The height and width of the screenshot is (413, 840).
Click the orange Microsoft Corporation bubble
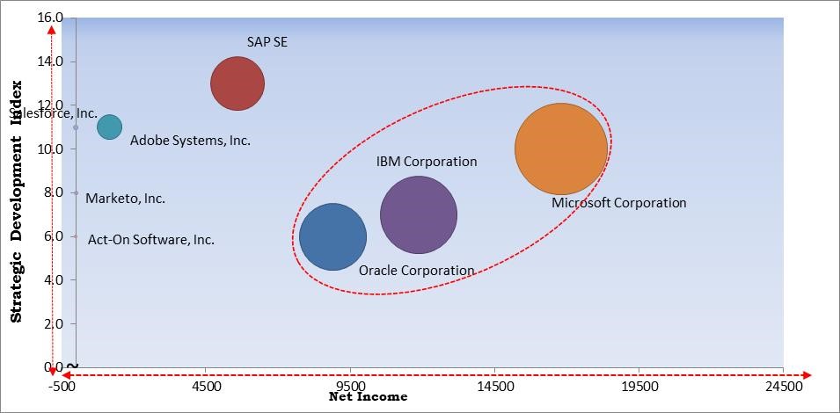[560, 149]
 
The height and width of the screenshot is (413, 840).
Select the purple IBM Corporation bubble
[419, 214]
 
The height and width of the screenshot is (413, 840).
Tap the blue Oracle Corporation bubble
[332, 236]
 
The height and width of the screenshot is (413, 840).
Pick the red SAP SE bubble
[237, 84]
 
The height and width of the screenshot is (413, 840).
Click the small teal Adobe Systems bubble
[109, 127]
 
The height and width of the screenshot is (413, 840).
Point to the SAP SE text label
[267, 41]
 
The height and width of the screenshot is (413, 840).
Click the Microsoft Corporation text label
[618, 203]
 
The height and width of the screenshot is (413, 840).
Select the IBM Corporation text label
[427, 162]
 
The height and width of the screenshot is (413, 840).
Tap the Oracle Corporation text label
[416, 271]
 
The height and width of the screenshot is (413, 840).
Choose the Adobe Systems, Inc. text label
[190, 141]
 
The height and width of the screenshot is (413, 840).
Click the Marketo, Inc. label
[125, 199]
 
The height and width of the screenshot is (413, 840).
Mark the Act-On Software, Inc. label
[150, 239]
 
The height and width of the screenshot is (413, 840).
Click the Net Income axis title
[368, 397]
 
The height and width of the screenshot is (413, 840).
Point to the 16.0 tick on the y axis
[51, 18]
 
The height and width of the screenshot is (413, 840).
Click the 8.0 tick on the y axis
[51, 192]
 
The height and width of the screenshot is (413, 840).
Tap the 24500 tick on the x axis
[783, 385]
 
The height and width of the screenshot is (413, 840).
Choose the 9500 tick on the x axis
[350, 385]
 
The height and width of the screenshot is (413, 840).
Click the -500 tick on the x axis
[61, 385]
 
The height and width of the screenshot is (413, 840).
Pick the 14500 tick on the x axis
[494, 385]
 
